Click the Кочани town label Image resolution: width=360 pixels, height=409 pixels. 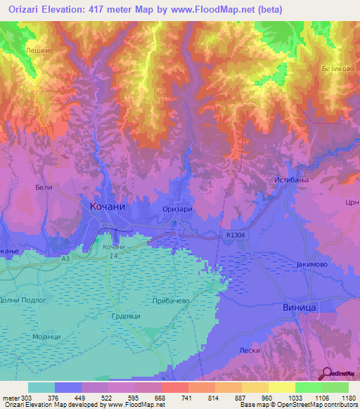point(108,207)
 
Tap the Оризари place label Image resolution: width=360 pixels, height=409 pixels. point(177,209)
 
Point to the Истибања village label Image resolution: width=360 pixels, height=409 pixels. point(288,181)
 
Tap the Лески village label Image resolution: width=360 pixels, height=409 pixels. point(249,350)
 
